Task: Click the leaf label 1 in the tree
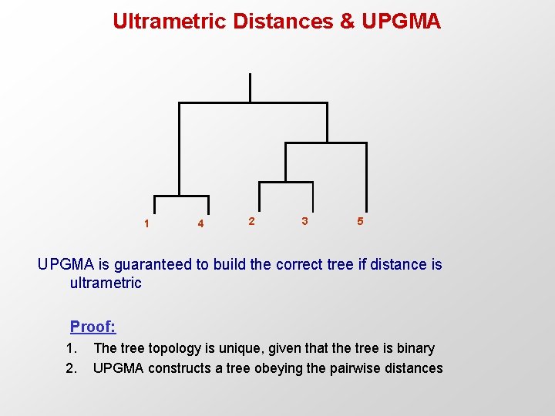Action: click(x=146, y=224)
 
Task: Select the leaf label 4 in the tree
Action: click(x=200, y=224)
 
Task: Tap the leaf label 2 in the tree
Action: click(x=251, y=221)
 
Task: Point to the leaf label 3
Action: click(x=304, y=221)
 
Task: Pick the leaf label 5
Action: click(x=359, y=221)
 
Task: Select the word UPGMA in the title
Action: click(x=401, y=21)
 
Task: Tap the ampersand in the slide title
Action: click(x=347, y=21)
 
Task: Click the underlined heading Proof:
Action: click(x=92, y=327)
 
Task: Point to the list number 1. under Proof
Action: click(x=72, y=348)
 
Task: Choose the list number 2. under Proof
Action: click(x=72, y=368)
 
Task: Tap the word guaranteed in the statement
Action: click(x=154, y=264)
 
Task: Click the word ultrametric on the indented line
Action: click(x=106, y=283)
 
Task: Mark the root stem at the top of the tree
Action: click(x=250, y=87)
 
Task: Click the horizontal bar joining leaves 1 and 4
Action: click(x=178, y=196)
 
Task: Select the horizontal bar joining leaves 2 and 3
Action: click(x=285, y=183)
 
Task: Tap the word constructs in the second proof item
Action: click(x=178, y=368)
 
